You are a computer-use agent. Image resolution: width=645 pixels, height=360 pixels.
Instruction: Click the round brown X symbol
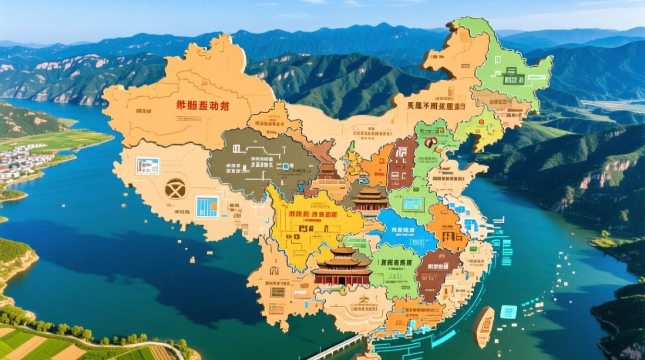pyautogui.click(x=175, y=188)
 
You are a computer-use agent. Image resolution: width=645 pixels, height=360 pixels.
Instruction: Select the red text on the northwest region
pyautogui.click(x=202, y=106)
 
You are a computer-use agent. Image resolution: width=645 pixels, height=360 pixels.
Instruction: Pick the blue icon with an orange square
pyautogui.click(x=207, y=207)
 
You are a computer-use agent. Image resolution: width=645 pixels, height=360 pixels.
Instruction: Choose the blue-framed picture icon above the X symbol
pyautogui.click(x=147, y=166)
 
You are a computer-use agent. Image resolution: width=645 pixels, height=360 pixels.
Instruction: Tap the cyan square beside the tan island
pyautogui.click(x=508, y=312)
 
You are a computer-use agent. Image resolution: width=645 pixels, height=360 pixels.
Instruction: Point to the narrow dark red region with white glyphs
pyautogui.click(x=402, y=162)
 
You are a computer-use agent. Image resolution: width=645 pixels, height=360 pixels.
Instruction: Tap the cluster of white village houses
pyautogui.click(x=22, y=161)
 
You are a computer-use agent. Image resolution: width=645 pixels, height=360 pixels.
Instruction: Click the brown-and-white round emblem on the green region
pyautogui.click(x=430, y=143)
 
